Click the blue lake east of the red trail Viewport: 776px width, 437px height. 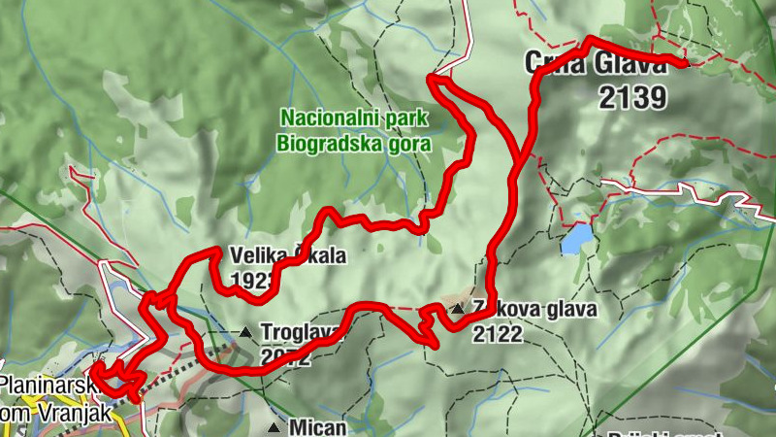pos(576,238)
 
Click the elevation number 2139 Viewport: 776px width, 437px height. pos(632,97)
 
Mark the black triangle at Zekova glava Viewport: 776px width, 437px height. pos(458,310)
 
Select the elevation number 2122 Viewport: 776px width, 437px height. pos(498,335)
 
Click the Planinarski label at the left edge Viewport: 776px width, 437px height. pos(44,385)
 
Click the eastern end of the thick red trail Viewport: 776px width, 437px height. pos(685,64)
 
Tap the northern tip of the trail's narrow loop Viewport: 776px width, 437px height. pos(432,77)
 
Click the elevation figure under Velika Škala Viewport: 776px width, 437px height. pos(247,282)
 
